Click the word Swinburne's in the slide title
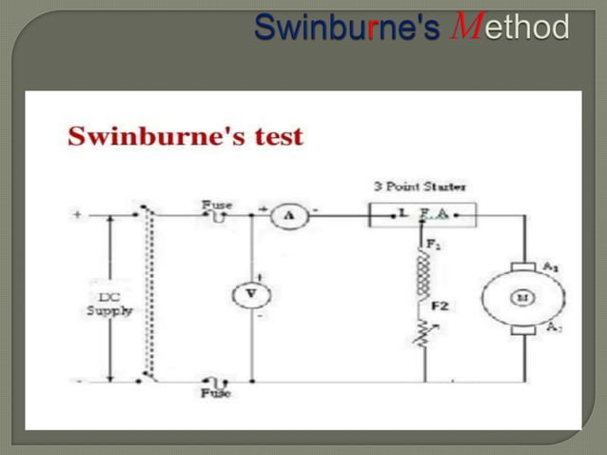point(346,28)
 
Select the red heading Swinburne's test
point(186,136)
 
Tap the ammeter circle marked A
point(284,218)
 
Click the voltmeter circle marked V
point(251,295)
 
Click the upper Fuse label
point(216,205)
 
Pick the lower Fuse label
point(215,392)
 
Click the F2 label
point(440,307)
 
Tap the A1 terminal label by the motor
point(551,267)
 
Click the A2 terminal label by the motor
point(551,328)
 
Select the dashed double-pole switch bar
point(148,295)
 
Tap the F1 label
point(434,245)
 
